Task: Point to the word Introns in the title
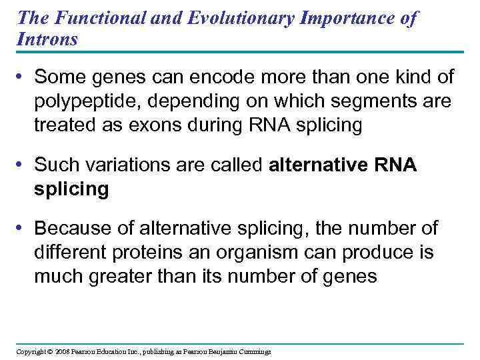click(x=47, y=39)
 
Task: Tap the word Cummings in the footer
click(x=253, y=351)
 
